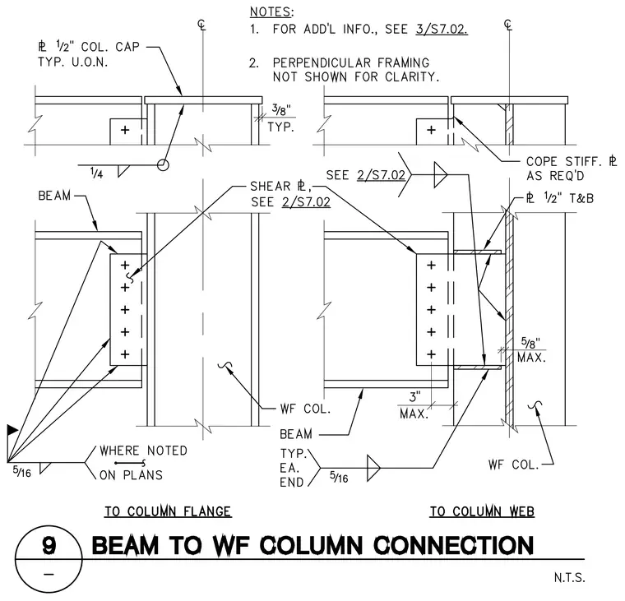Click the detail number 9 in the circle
[x=49, y=545]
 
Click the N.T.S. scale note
[x=569, y=577]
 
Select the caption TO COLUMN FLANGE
[x=168, y=511]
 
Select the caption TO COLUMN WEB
[x=482, y=511]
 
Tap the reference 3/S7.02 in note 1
[x=442, y=29]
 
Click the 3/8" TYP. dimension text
[x=281, y=118]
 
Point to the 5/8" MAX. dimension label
[x=532, y=350]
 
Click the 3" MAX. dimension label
[x=414, y=405]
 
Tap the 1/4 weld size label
[x=96, y=173]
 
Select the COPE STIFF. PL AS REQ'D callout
[x=572, y=169]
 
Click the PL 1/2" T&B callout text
[x=560, y=198]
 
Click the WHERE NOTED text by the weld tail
[x=143, y=451]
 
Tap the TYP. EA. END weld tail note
[x=293, y=468]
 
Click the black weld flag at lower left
[x=12, y=430]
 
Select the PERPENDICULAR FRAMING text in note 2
[x=351, y=62]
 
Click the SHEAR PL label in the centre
[x=281, y=186]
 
